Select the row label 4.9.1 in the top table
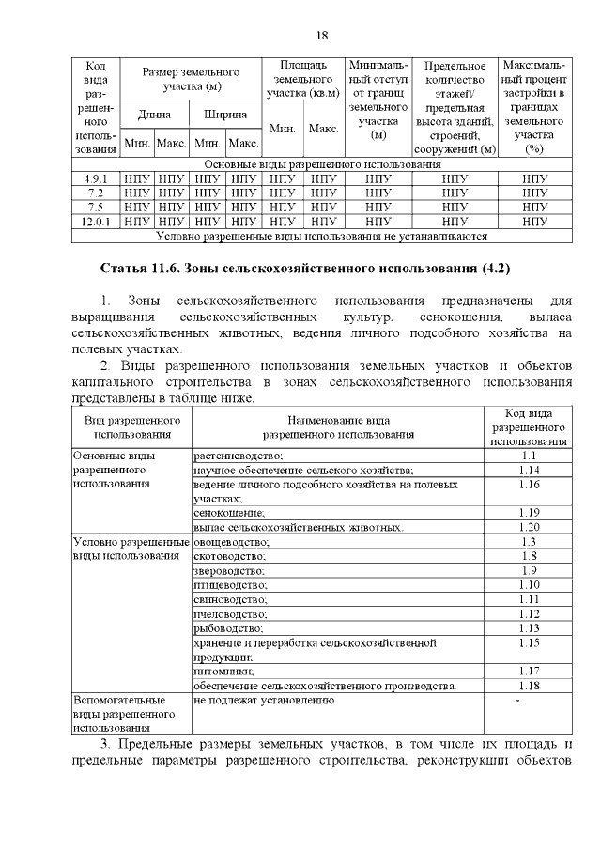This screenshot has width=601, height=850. [x=95, y=178]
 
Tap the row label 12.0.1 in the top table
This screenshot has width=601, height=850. [x=95, y=221]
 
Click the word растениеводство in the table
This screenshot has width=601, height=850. [x=239, y=456]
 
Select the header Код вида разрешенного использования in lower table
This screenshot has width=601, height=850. [x=528, y=426]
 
